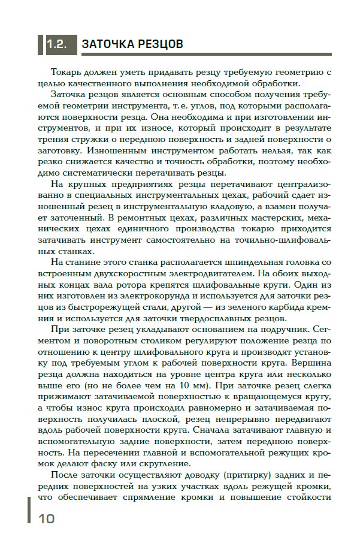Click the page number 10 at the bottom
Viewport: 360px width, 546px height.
[x=46, y=518]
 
